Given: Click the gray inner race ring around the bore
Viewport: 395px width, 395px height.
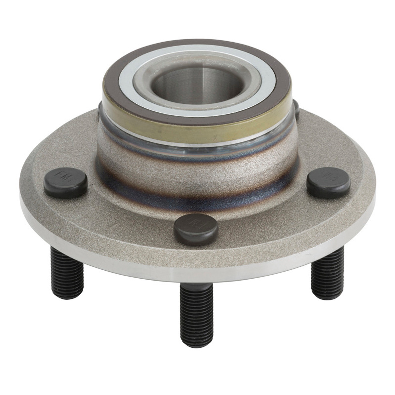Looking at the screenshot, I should (x=197, y=99).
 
